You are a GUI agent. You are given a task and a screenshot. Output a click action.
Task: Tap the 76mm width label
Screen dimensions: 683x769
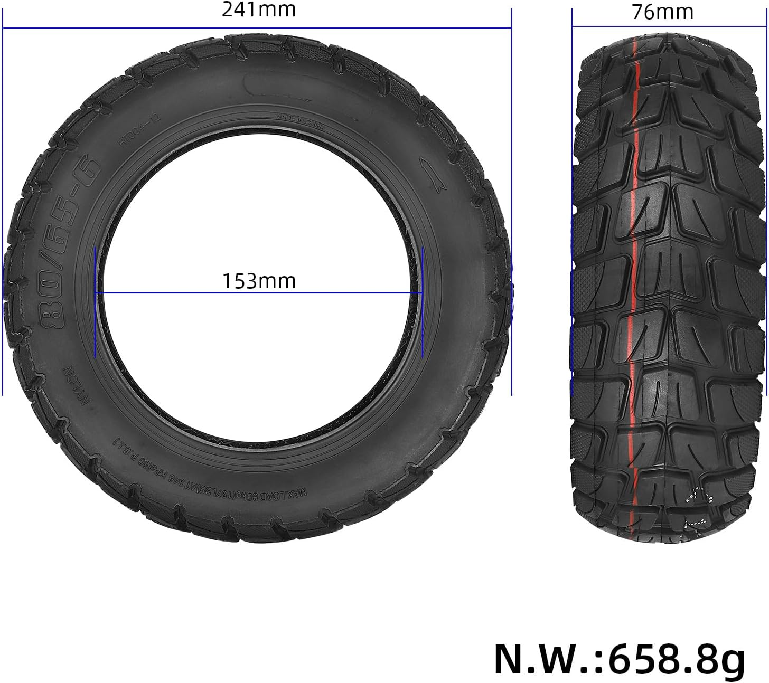coord(662,12)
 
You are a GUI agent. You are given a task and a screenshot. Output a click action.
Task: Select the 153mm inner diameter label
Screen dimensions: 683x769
coord(258,281)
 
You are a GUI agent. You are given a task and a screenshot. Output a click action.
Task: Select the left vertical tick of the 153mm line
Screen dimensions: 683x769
coord(95,301)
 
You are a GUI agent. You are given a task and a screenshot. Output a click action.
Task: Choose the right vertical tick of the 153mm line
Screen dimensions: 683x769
coord(423,301)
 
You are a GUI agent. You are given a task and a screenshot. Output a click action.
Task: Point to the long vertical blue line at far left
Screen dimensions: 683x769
coord(3,211)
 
